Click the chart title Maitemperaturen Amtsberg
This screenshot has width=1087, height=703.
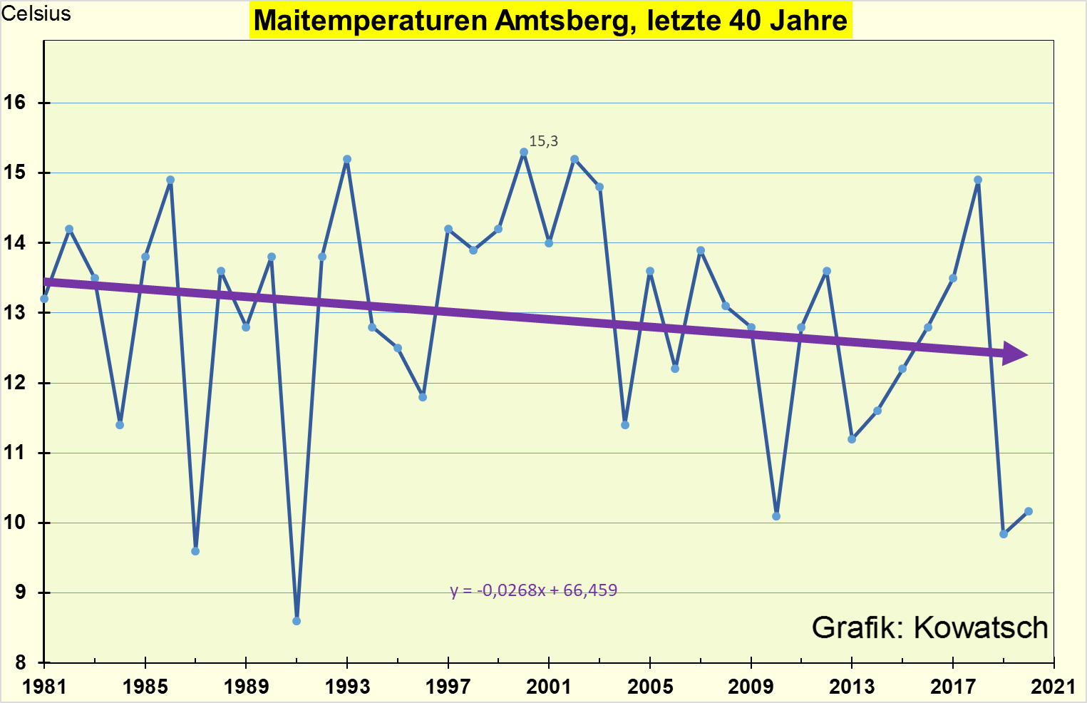tap(550, 20)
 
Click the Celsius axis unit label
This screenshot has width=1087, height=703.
tap(36, 14)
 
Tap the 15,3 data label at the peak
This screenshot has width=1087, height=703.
tap(543, 141)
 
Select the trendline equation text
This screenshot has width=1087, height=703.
tap(533, 590)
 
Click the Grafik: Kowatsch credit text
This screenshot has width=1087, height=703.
tap(929, 627)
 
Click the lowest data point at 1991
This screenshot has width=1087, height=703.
tap(297, 621)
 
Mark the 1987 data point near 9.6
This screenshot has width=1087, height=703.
tap(195, 551)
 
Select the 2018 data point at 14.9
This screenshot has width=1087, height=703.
tap(978, 180)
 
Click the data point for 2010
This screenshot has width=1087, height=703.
tap(776, 516)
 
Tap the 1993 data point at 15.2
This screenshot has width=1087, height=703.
tap(347, 159)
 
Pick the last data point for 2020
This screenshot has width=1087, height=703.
tap(1029, 511)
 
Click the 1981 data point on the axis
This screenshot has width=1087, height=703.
tap(44, 299)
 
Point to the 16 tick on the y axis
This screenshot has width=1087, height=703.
tap(14, 103)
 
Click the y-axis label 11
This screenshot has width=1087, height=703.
tap(14, 453)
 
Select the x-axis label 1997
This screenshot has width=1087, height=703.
tap(448, 687)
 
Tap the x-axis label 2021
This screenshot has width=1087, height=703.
tap(1053, 687)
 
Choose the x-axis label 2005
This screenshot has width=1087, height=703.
tap(649, 687)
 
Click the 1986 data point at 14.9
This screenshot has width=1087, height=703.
tap(170, 180)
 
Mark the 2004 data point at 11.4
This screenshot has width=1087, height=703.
tap(625, 425)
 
